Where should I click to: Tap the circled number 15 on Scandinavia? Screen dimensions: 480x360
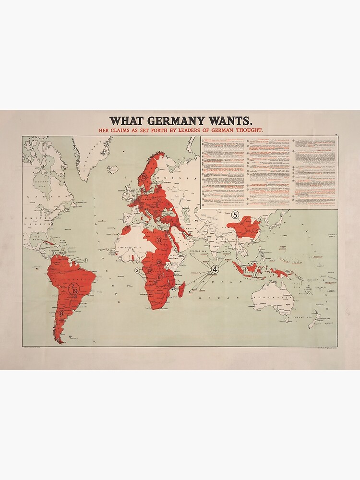144,177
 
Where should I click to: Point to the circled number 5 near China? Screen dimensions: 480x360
235,215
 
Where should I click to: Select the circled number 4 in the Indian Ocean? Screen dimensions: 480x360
215,269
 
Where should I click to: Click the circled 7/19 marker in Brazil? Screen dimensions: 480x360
74,289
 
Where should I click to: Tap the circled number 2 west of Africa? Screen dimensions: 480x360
137,271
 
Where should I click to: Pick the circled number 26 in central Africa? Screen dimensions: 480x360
159,262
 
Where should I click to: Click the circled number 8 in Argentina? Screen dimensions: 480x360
61,313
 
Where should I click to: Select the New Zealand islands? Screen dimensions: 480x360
315,322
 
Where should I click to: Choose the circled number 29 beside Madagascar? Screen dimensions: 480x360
174,288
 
